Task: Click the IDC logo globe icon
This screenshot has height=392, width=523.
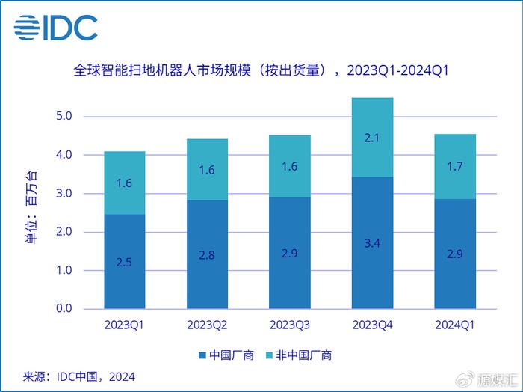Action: click(x=28, y=28)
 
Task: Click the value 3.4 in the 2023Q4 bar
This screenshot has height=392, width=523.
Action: click(x=372, y=242)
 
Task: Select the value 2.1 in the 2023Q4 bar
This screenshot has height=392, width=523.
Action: click(x=372, y=138)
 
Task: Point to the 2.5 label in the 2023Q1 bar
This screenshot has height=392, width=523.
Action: click(x=124, y=261)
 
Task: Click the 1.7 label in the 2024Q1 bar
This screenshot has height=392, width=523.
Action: click(x=455, y=167)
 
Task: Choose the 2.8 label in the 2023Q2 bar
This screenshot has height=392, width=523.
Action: click(x=207, y=254)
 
